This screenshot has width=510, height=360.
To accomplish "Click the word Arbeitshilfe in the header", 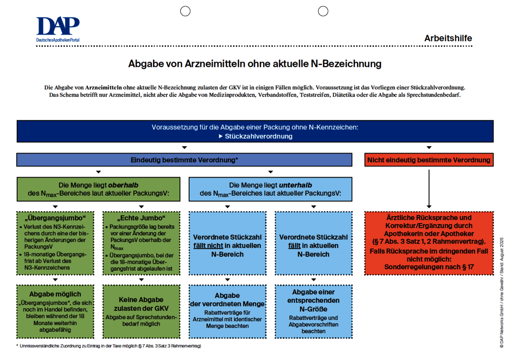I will pos(448,39).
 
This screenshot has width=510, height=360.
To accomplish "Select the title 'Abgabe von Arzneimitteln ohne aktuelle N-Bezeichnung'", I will pos(255,64).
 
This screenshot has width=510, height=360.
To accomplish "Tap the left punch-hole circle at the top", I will pos(185,11).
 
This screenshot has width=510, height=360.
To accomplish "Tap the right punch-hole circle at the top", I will pos(323,11).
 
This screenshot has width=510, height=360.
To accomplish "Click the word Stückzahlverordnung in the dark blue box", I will pos(258,136).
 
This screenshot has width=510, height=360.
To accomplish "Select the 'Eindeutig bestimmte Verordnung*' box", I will pos(184,160).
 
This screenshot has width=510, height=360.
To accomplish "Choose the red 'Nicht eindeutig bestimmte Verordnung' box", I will pos(428,160).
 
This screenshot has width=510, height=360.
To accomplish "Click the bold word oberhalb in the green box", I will pos(123,185).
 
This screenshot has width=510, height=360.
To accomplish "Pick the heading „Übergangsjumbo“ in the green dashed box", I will pos(55,218).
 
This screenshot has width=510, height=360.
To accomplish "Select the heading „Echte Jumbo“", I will pos(141,218).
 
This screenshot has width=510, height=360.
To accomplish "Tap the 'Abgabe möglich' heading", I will pos(55,294).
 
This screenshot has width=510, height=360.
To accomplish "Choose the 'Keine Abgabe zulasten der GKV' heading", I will pos(141,304).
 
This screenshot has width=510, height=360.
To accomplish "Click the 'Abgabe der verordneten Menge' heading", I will pos(227,300).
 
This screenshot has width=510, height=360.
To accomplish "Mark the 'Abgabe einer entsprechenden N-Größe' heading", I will pos(313,301).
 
